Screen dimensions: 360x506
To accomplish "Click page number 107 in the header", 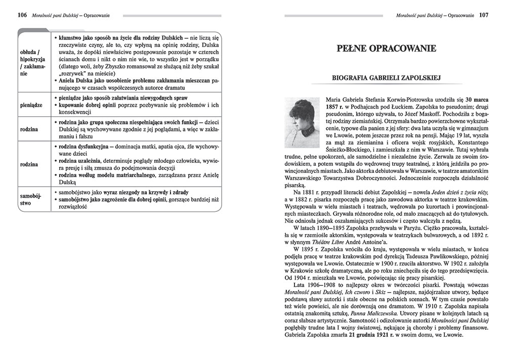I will point(484,15).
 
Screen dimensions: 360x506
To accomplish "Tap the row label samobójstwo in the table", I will point(31,199).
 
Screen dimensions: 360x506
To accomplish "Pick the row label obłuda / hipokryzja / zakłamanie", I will point(32,62).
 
